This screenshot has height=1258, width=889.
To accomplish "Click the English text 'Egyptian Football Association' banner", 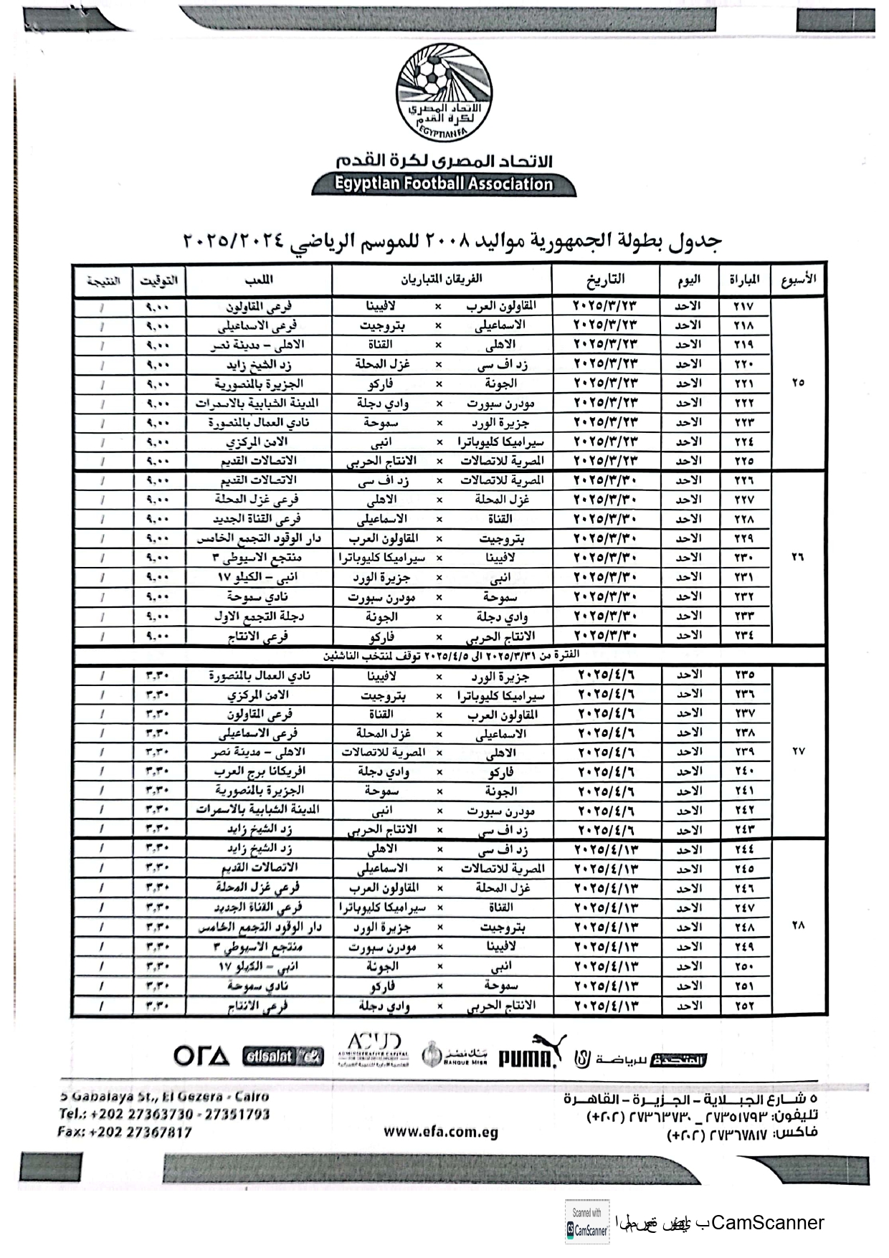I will coord(444,184).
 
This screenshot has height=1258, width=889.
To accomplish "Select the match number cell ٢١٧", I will coord(743,306).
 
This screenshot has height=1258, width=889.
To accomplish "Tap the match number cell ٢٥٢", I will coord(744,1006).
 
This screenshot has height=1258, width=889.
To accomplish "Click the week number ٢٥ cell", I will coord(798,383).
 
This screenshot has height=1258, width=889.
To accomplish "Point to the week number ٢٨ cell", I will coord(798,925).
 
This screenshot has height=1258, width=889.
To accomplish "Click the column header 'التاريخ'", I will coord(605,279).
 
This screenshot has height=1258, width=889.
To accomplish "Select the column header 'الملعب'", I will coord(258,280).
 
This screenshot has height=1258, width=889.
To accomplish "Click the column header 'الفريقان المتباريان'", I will coord(441,279).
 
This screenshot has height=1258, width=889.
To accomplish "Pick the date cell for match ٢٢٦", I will coord(605,480).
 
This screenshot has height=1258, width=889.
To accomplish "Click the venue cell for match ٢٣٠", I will coord(258,558).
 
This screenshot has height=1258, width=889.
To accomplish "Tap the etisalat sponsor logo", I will coord(283,1056).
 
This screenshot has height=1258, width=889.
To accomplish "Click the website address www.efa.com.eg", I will coord(440,1132).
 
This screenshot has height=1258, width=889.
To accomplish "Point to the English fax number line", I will coord(125,1133).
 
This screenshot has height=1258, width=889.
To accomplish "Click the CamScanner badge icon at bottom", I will coord(587,1222).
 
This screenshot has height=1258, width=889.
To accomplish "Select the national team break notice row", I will coord(450,655).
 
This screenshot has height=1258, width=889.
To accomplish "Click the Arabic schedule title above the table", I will coord(452,241).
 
